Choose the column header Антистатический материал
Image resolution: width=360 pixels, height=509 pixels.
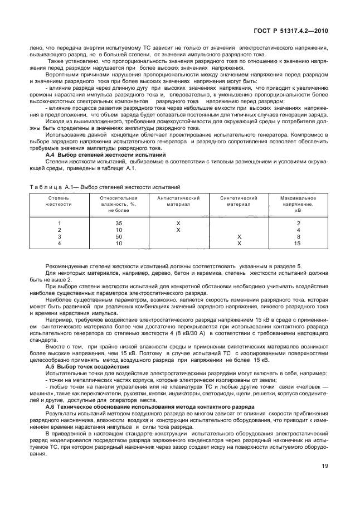click(178, 201)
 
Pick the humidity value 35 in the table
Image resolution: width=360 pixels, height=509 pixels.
click(118, 223)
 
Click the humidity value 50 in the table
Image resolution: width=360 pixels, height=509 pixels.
click(118, 236)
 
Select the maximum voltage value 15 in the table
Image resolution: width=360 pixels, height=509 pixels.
click(298, 243)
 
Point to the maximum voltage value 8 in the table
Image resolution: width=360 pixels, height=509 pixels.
click(298, 236)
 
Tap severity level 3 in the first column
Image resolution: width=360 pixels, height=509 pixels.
click(59, 236)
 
